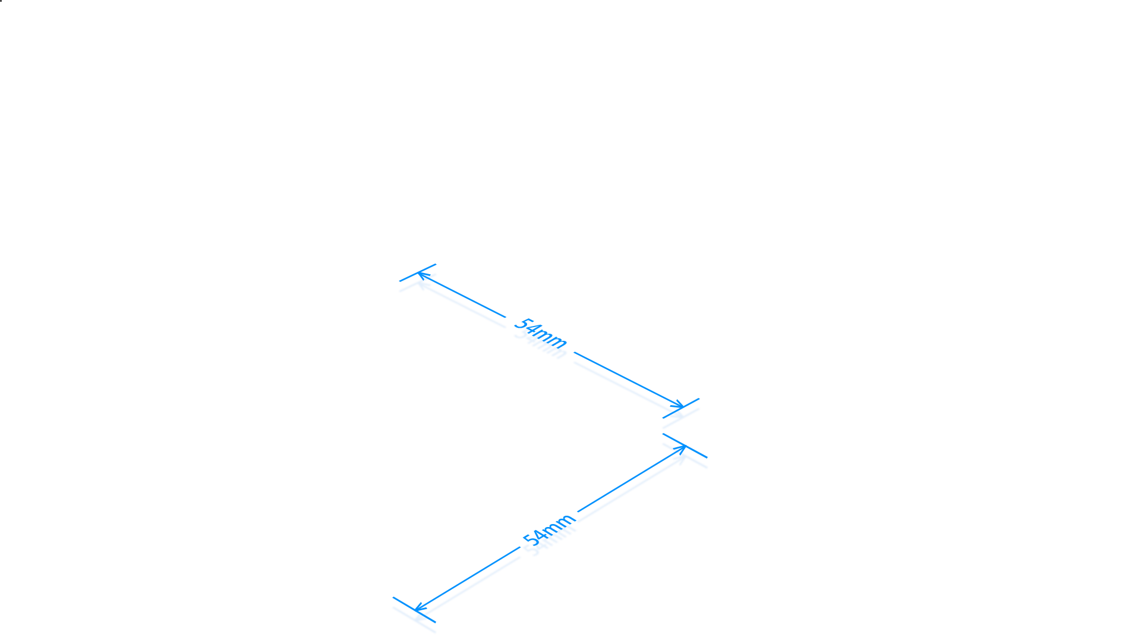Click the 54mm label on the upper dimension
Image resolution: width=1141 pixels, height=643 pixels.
tap(540, 333)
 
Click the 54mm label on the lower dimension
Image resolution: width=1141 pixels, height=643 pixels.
tap(549, 529)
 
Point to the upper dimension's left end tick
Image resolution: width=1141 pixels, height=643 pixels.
tap(418, 272)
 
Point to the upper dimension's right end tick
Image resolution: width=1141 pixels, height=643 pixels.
tap(681, 408)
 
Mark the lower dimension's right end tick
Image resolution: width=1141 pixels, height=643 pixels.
tap(685, 446)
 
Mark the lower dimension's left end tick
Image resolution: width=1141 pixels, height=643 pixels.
tap(414, 610)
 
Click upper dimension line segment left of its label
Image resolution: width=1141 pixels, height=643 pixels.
tap(462, 295)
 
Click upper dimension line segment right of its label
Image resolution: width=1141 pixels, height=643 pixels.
tap(629, 379)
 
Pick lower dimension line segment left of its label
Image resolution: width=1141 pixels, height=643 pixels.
tap(467, 579)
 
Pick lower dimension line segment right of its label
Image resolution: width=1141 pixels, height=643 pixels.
tap(632, 479)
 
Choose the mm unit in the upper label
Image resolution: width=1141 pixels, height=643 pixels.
tap(551, 339)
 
